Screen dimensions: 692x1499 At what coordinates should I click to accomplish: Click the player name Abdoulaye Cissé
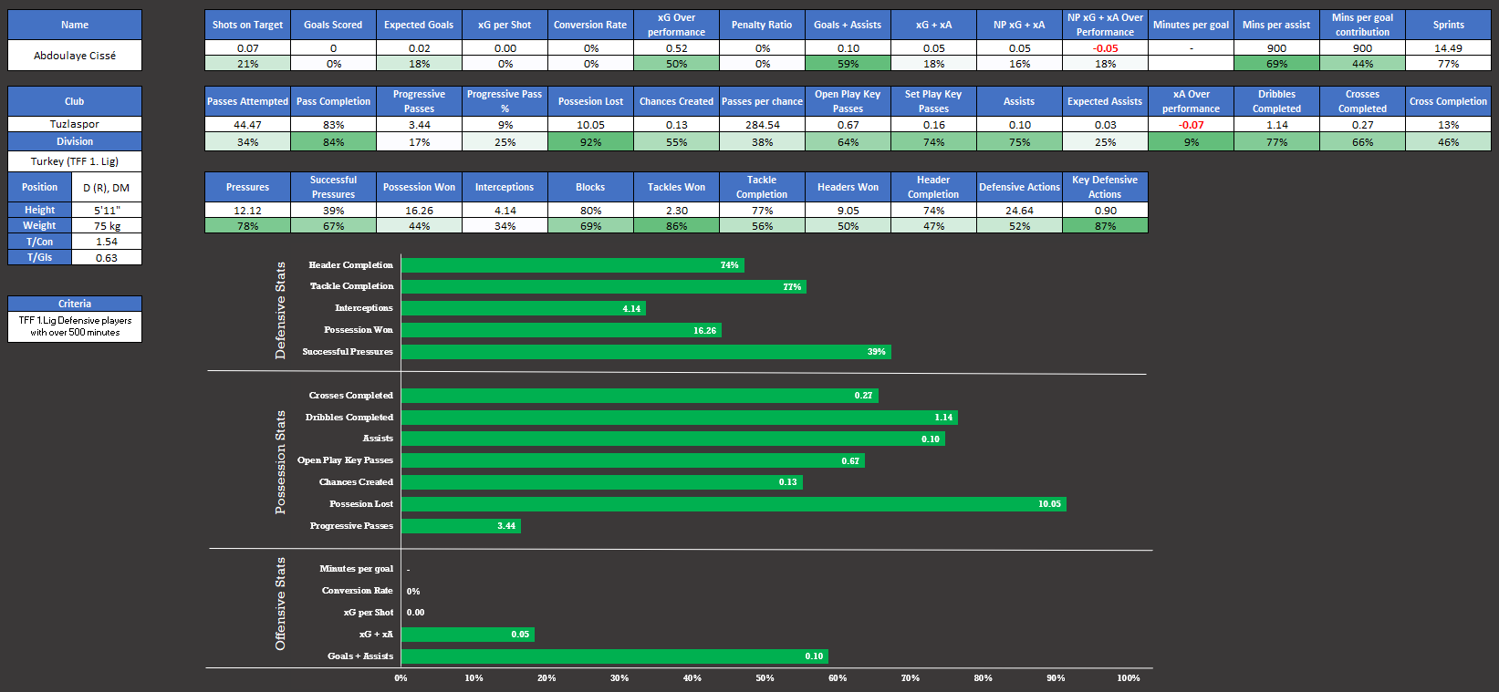pos(75,56)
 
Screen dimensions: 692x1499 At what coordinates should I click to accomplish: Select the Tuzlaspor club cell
pos(75,124)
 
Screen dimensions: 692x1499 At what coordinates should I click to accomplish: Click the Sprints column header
pos(1448,25)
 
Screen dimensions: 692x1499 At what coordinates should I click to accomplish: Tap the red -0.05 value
pos(1105,48)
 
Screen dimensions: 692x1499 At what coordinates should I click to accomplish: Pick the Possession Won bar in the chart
pos(560,330)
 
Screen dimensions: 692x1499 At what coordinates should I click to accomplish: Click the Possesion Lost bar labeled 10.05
pos(733,504)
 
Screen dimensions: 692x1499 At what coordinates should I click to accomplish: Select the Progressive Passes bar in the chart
pos(460,526)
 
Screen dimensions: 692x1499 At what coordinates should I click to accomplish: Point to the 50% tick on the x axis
pos(765,678)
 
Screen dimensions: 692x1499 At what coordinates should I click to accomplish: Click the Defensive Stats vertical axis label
pos(280,310)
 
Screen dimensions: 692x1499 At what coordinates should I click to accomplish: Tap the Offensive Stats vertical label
pos(280,604)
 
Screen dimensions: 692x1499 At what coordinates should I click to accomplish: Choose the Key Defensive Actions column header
pos(1105,187)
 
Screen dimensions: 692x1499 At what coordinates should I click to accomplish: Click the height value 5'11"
pos(107,210)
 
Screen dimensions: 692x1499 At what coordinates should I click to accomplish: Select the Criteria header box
pos(75,304)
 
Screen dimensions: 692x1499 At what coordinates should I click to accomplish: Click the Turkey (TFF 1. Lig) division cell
pos(75,161)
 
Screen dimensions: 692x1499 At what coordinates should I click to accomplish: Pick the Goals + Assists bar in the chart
pos(614,656)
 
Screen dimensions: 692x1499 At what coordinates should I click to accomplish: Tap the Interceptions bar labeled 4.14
pos(523,309)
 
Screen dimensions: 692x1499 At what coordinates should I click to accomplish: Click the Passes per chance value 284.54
pos(762,125)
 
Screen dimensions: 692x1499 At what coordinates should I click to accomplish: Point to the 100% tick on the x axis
pos(1129,678)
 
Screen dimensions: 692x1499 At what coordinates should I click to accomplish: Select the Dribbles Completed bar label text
pos(349,418)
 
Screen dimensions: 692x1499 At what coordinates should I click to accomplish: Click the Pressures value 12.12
pos(247,211)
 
